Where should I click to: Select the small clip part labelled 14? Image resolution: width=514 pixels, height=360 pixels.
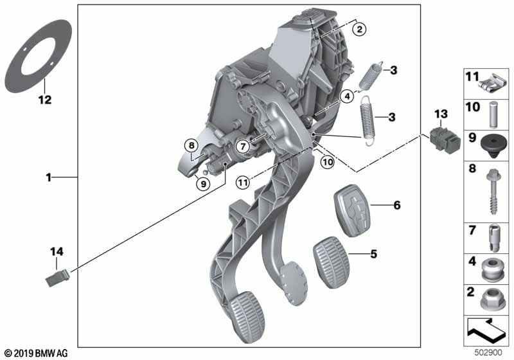(58, 278)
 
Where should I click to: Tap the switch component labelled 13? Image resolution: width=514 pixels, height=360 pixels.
(445, 139)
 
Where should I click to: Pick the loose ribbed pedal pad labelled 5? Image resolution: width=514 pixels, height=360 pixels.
(332, 262)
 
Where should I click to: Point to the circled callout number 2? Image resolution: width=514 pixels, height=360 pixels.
(360, 29)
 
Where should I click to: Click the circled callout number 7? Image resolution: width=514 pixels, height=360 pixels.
(243, 146)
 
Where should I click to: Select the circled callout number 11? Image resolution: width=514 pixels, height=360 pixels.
(243, 183)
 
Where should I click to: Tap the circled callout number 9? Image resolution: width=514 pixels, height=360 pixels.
(203, 184)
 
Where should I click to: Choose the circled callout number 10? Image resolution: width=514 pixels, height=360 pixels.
(328, 161)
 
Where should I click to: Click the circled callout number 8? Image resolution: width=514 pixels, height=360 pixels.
(191, 145)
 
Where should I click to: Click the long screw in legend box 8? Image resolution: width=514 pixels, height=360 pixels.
(493, 192)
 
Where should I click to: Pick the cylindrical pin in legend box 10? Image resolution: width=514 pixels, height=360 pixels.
(493, 114)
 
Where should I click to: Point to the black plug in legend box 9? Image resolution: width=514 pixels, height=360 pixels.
(494, 146)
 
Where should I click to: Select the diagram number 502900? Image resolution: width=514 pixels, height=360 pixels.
(488, 352)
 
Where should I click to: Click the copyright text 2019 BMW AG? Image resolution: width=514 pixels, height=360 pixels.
(37, 353)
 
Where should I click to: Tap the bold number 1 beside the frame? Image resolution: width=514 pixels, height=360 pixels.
(49, 177)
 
